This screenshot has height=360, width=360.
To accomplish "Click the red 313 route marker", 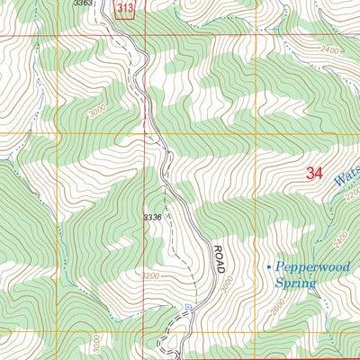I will pos(126,8).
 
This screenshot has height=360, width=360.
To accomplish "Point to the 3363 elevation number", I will pos(83,4).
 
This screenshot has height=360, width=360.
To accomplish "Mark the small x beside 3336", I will pos(165,216).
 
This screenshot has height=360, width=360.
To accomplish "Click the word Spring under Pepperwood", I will pos(296,283).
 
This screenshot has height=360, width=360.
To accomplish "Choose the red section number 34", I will pos(314,174).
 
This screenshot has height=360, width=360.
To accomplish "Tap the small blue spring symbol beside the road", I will pos(187,307).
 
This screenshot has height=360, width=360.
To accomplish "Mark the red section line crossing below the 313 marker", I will pos(126,36).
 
